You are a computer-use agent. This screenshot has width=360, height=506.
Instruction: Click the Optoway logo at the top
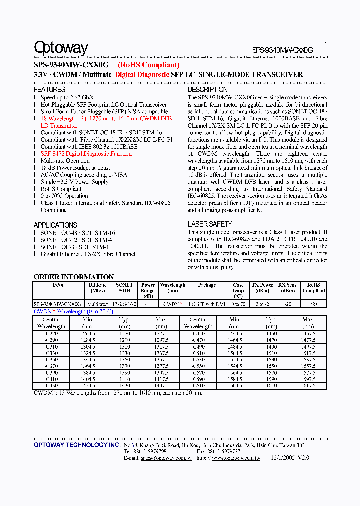pyautogui.click(x=61, y=48)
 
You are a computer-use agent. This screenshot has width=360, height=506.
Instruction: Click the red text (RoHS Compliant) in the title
pyautogui.click(x=148, y=65)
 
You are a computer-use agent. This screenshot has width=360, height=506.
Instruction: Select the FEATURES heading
pyautogui.click(x=49, y=90)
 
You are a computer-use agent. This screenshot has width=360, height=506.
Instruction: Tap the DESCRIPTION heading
pyautogui.click(x=207, y=90)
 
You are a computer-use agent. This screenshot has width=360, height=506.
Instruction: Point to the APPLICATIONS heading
pyautogui.click(x=55, y=225)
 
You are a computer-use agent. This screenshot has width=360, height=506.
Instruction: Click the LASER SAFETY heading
pyautogui.click(x=210, y=225)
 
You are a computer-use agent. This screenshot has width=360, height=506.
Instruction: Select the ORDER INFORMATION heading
pyautogui.click(x=74, y=277)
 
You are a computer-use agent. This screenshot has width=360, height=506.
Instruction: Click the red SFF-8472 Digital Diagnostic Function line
pyautogui.click(x=86, y=154)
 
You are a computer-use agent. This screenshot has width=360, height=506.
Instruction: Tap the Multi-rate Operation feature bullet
pyautogui.click(x=65, y=161)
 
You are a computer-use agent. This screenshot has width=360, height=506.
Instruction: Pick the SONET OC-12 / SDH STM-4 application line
pyautogui.click(x=77, y=240)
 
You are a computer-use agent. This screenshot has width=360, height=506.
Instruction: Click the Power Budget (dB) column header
pyautogui.click(x=148, y=290)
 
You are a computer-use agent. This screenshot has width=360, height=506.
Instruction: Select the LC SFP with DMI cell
pyautogui.click(x=207, y=303)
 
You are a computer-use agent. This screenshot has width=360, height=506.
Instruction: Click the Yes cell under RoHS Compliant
pyautogui.click(x=313, y=303)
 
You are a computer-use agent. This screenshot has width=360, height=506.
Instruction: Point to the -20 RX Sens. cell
pyautogui.click(x=287, y=303)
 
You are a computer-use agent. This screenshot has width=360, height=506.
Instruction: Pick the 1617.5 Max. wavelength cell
pyautogui.click(x=308, y=385)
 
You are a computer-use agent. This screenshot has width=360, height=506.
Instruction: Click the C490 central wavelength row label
pyautogui.click(x=198, y=346)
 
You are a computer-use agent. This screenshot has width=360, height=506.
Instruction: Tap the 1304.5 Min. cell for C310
pyautogui.click(x=88, y=346)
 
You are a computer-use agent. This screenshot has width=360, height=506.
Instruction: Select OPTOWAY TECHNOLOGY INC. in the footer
pyautogui.click(x=76, y=445)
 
